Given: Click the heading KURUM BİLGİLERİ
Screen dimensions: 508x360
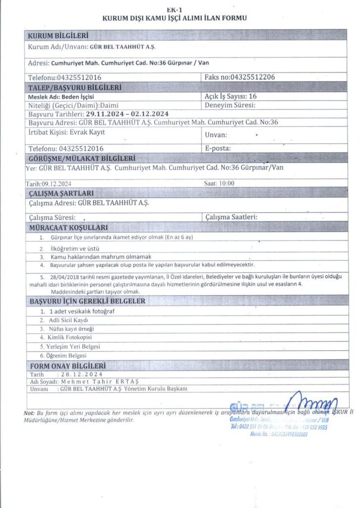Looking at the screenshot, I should [58, 36].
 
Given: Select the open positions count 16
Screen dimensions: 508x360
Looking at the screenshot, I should [252, 96].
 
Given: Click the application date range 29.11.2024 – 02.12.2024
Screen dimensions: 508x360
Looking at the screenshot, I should [127, 114].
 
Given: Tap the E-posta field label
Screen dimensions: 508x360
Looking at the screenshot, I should [218, 148].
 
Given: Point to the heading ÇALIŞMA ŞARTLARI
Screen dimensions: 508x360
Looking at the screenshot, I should [61, 193].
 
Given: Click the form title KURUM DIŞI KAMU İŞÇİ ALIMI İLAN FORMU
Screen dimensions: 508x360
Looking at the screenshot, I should [174, 18].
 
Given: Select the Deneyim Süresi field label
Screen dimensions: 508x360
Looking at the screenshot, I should [230, 105].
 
